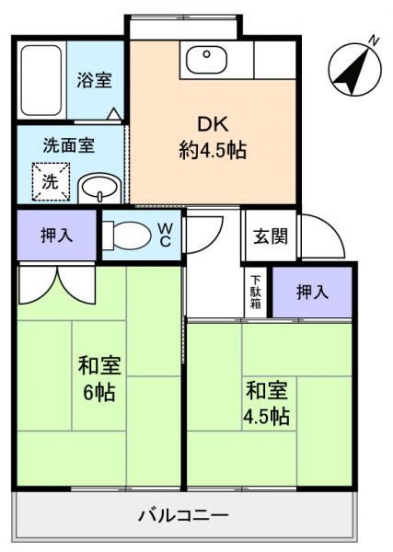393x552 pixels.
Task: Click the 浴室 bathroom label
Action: coord(95,79)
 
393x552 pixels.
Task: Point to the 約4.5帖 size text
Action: coord(212,151)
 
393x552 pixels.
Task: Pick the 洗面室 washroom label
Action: coord(70,144)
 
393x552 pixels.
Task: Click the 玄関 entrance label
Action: coord(271,236)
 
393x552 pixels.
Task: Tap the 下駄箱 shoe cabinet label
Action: coord(255,293)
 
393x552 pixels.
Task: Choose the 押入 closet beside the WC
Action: coord(57,236)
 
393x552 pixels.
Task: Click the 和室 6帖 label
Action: coord(96,378)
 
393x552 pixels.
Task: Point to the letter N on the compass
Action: coord(374,40)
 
